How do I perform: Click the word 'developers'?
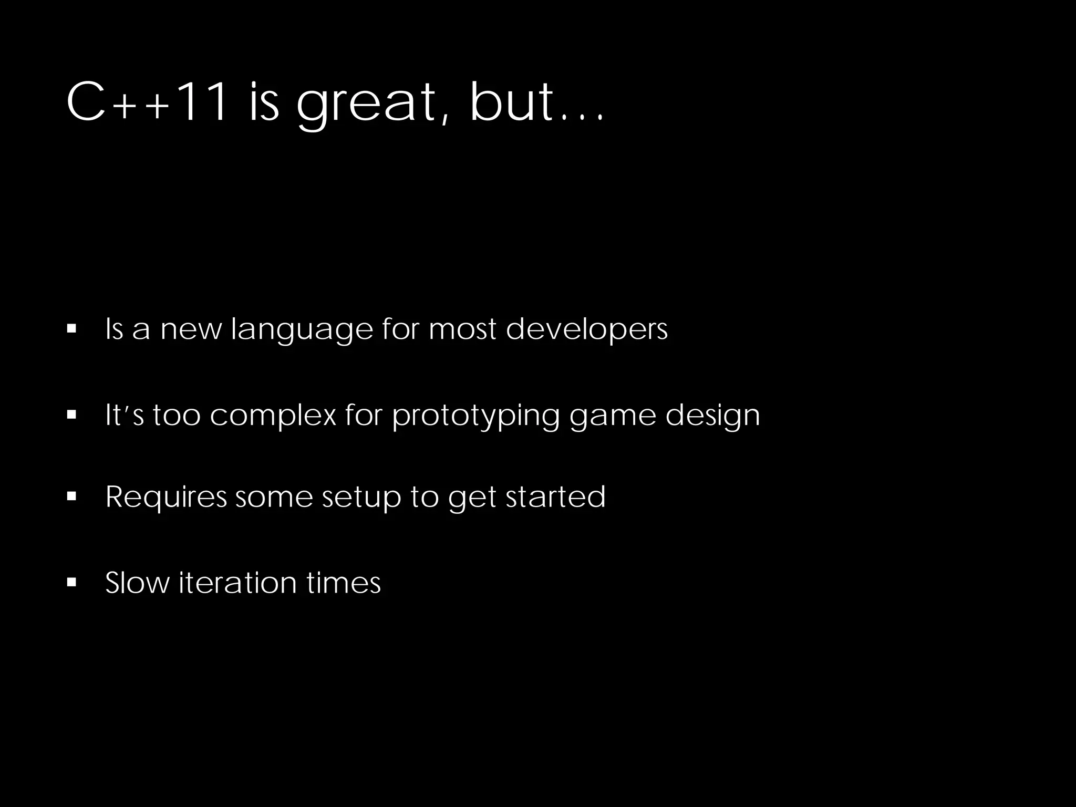586,330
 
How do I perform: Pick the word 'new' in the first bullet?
191,330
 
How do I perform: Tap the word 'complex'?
273,415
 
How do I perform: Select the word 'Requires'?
166,497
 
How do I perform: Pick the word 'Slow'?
138,583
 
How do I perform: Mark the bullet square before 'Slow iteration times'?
72,582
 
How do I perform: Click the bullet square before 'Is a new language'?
72,329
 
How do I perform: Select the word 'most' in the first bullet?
462,330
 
